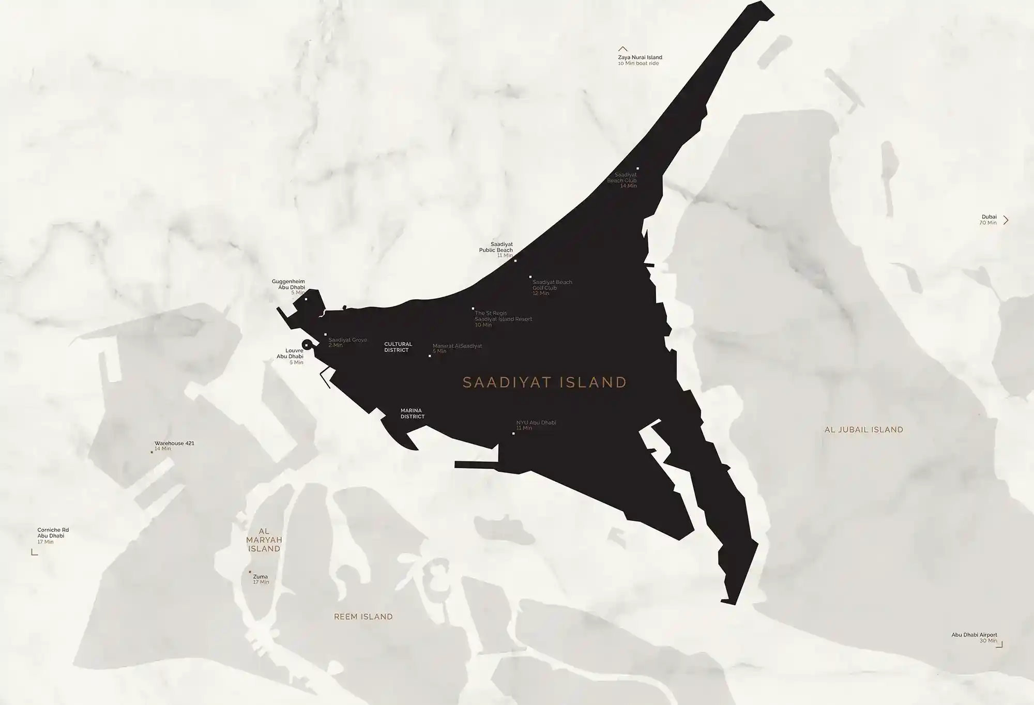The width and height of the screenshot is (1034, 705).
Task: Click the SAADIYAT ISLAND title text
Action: (x=544, y=382)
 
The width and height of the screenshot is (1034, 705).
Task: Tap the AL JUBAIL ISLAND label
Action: (x=863, y=430)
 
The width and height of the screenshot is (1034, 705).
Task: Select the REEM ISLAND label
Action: (x=363, y=617)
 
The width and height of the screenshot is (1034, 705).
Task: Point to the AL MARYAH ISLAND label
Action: (x=264, y=540)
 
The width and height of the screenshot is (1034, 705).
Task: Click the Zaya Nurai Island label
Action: (x=640, y=58)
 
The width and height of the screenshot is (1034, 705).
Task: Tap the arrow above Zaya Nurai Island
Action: (x=623, y=49)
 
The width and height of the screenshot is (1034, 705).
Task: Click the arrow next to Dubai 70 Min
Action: (x=1006, y=220)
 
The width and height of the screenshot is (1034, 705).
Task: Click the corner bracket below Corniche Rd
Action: (x=35, y=553)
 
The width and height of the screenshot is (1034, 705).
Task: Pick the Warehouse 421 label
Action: (x=174, y=443)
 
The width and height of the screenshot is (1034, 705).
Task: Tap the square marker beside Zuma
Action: (x=250, y=572)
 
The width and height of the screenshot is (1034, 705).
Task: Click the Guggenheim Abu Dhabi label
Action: (x=288, y=285)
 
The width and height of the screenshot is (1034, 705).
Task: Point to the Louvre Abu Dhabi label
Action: (x=290, y=354)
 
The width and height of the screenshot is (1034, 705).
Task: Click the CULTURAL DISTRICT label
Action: (x=398, y=347)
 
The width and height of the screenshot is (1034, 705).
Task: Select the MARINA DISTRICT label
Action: (x=413, y=413)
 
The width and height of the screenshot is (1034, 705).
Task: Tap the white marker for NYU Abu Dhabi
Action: (x=513, y=433)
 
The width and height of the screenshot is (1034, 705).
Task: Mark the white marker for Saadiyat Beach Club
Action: (x=637, y=168)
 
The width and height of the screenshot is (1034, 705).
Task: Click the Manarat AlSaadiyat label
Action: (x=457, y=346)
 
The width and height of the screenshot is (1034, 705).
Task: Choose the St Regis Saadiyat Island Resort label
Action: (x=503, y=316)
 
